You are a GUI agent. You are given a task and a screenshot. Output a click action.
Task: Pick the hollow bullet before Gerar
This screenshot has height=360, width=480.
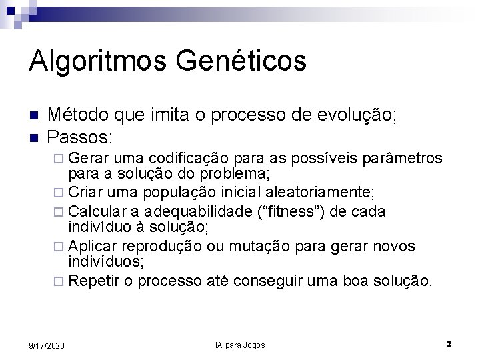tap(59, 159)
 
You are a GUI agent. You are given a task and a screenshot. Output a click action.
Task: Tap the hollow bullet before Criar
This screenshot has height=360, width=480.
tap(59, 193)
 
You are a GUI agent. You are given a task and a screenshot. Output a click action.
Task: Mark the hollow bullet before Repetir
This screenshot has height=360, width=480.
tap(59, 282)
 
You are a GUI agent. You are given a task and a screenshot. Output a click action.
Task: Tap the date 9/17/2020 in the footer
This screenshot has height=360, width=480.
tap(47, 345)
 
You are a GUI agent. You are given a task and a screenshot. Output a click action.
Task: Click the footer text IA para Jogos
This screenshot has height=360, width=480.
tap(240, 345)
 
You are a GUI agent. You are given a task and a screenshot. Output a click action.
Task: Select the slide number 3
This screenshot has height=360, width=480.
tap(449, 345)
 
